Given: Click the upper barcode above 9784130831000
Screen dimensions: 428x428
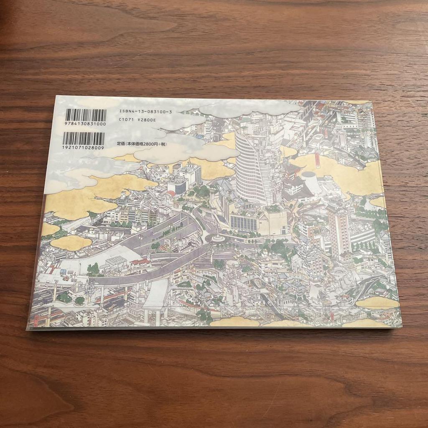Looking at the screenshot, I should (86, 115).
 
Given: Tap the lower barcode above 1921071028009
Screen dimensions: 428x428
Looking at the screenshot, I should (83, 138).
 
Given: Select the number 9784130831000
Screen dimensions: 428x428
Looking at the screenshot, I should (86, 124).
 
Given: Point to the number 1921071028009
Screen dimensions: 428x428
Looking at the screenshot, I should (83, 148).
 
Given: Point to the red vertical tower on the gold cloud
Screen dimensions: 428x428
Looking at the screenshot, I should (318, 159).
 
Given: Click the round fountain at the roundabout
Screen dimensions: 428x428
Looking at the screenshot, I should (217, 238).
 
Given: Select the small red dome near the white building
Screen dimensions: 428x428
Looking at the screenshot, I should (171, 193).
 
